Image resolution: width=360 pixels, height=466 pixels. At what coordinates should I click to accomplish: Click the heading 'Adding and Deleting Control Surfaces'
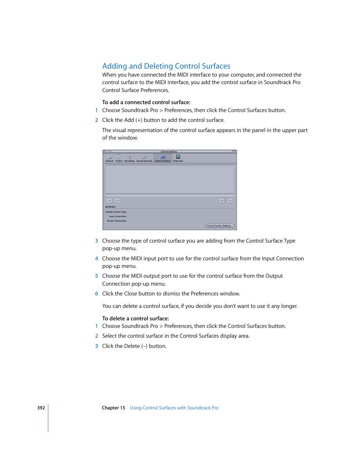pyautogui.click(x=166, y=66)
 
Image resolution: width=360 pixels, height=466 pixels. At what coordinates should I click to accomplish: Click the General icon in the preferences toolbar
pyautogui.click(x=109, y=158)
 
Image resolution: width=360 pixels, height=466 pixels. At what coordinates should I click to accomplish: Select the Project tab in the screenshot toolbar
pyautogui.click(x=119, y=158)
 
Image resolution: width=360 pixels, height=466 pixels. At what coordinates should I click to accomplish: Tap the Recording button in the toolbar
pyautogui.click(x=129, y=158)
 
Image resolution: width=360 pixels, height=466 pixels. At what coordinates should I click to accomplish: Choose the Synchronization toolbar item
pyautogui.click(x=144, y=158)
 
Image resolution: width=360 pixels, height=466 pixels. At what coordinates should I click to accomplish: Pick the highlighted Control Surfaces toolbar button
pyautogui.click(x=163, y=158)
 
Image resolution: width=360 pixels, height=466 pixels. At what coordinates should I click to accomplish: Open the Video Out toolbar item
pyautogui.click(x=178, y=158)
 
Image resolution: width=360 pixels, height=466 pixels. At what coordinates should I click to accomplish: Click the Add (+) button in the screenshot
pyautogui.click(x=109, y=201)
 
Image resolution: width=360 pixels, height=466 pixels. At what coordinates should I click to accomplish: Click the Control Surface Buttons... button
pyautogui.click(x=220, y=226)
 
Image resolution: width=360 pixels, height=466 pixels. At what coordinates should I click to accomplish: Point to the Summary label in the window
pyautogui.click(x=110, y=207)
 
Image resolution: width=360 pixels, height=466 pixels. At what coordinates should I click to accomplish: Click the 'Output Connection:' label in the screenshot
pyautogui.click(x=117, y=221)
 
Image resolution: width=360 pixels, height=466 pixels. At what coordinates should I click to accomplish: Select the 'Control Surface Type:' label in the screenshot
pyautogui.click(x=116, y=212)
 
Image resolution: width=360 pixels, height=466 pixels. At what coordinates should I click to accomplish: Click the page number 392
pyautogui.click(x=41, y=408)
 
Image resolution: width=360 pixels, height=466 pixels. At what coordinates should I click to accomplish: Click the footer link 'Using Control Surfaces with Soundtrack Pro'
pyautogui.click(x=174, y=408)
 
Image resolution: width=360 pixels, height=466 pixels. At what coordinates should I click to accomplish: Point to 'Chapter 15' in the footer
pyautogui.click(x=113, y=408)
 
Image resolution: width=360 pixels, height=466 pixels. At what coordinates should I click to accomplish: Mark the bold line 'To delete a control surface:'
pyautogui.click(x=135, y=318)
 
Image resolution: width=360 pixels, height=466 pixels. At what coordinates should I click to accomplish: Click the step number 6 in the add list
pyautogui.click(x=97, y=294)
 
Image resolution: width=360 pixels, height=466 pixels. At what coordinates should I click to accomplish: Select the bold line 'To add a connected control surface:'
pyautogui.click(x=146, y=102)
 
